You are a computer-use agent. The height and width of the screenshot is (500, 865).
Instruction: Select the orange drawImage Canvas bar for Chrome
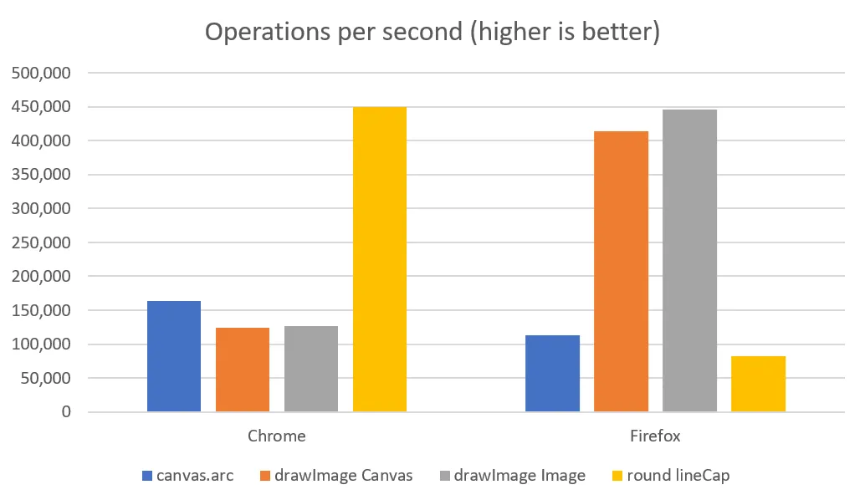tap(243, 370)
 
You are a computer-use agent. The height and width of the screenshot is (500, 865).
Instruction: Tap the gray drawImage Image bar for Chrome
tap(311, 369)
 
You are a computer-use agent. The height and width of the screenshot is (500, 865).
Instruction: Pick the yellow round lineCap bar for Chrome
tap(380, 259)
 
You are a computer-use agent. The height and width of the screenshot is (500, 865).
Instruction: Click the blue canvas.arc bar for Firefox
tap(552, 374)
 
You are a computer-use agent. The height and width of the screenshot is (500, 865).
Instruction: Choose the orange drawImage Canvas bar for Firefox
tap(621, 272)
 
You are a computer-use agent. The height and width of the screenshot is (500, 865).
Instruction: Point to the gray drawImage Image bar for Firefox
tap(689, 261)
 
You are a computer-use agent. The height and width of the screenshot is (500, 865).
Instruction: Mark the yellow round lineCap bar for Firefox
tap(758, 384)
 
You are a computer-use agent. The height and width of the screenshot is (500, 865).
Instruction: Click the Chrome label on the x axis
tap(277, 436)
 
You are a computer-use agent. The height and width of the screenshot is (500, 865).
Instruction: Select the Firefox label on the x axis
tap(655, 436)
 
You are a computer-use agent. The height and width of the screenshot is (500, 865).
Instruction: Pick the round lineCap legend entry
tap(682, 476)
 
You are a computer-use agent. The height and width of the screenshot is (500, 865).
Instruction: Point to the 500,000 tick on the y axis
tap(41, 74)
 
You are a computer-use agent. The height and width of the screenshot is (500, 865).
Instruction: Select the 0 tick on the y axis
tap(65, 412)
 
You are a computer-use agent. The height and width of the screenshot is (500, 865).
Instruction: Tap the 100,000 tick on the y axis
tap(41, 344)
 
